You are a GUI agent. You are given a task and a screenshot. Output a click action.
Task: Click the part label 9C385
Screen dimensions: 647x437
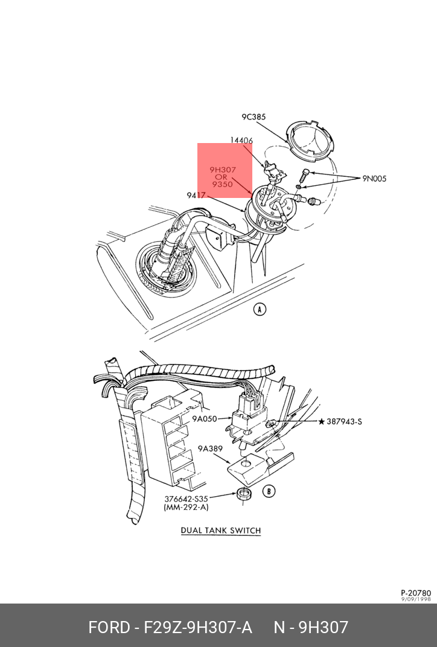[254, 117]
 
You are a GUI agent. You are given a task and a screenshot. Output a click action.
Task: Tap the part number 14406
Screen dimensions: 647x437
[241, 141]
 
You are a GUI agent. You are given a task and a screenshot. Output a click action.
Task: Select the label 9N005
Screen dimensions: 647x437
[374, 179]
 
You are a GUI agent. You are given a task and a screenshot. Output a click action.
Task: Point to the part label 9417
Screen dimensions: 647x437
[197, 195]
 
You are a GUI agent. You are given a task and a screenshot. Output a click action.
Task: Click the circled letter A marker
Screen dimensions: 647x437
[260, 310]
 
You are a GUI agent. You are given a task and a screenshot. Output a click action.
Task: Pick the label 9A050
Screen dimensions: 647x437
[205, 418]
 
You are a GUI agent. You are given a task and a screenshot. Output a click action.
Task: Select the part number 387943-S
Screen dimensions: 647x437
[345, 421]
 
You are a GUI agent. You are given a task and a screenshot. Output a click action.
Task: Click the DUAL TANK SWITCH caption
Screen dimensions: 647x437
[221, 531]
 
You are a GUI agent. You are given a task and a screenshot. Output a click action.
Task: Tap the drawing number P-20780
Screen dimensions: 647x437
[416, 593]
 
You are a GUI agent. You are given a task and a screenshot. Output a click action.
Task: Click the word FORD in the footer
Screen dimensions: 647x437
[109, 627]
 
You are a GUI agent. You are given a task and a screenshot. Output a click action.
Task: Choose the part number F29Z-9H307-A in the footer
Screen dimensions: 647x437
[197, 627]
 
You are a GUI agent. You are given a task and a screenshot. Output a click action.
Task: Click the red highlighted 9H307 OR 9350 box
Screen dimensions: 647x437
[225, 170]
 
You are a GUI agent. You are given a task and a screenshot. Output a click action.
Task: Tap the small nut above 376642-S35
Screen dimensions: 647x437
[243, 495]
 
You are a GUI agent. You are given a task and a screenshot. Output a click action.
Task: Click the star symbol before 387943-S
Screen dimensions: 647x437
[321, 421]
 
